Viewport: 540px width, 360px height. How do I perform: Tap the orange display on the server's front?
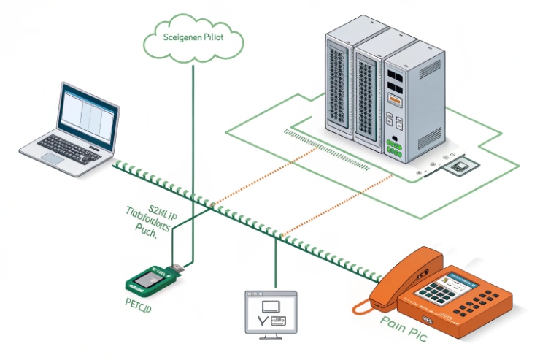pyautogui.click(x=394, y=99)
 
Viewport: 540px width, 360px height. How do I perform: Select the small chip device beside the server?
pyautogui.click(x=460, y=167)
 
